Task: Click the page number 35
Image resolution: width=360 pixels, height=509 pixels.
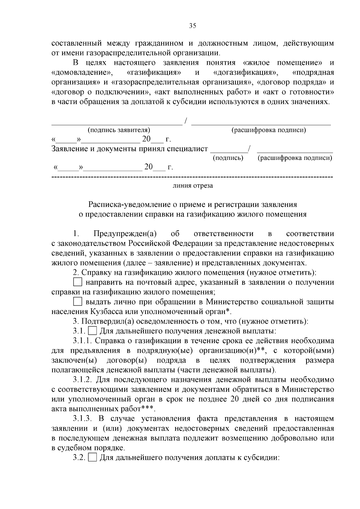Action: pos(192,26)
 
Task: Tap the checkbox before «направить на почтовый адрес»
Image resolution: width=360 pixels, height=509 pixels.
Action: pos(77,282)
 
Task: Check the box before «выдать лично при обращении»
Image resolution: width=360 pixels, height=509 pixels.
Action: pos(77,301)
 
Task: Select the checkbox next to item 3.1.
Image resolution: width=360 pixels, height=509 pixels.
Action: pos(93,331)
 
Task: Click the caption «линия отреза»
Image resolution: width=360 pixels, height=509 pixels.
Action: pos(193,186)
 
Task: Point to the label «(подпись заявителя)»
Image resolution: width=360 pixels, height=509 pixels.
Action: pos(119,130)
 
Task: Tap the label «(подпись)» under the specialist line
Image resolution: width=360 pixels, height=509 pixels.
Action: pos(228,158)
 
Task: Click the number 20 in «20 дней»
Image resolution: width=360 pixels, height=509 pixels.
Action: pos(235,399)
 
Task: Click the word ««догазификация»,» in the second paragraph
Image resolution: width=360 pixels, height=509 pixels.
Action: pos(245,73)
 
